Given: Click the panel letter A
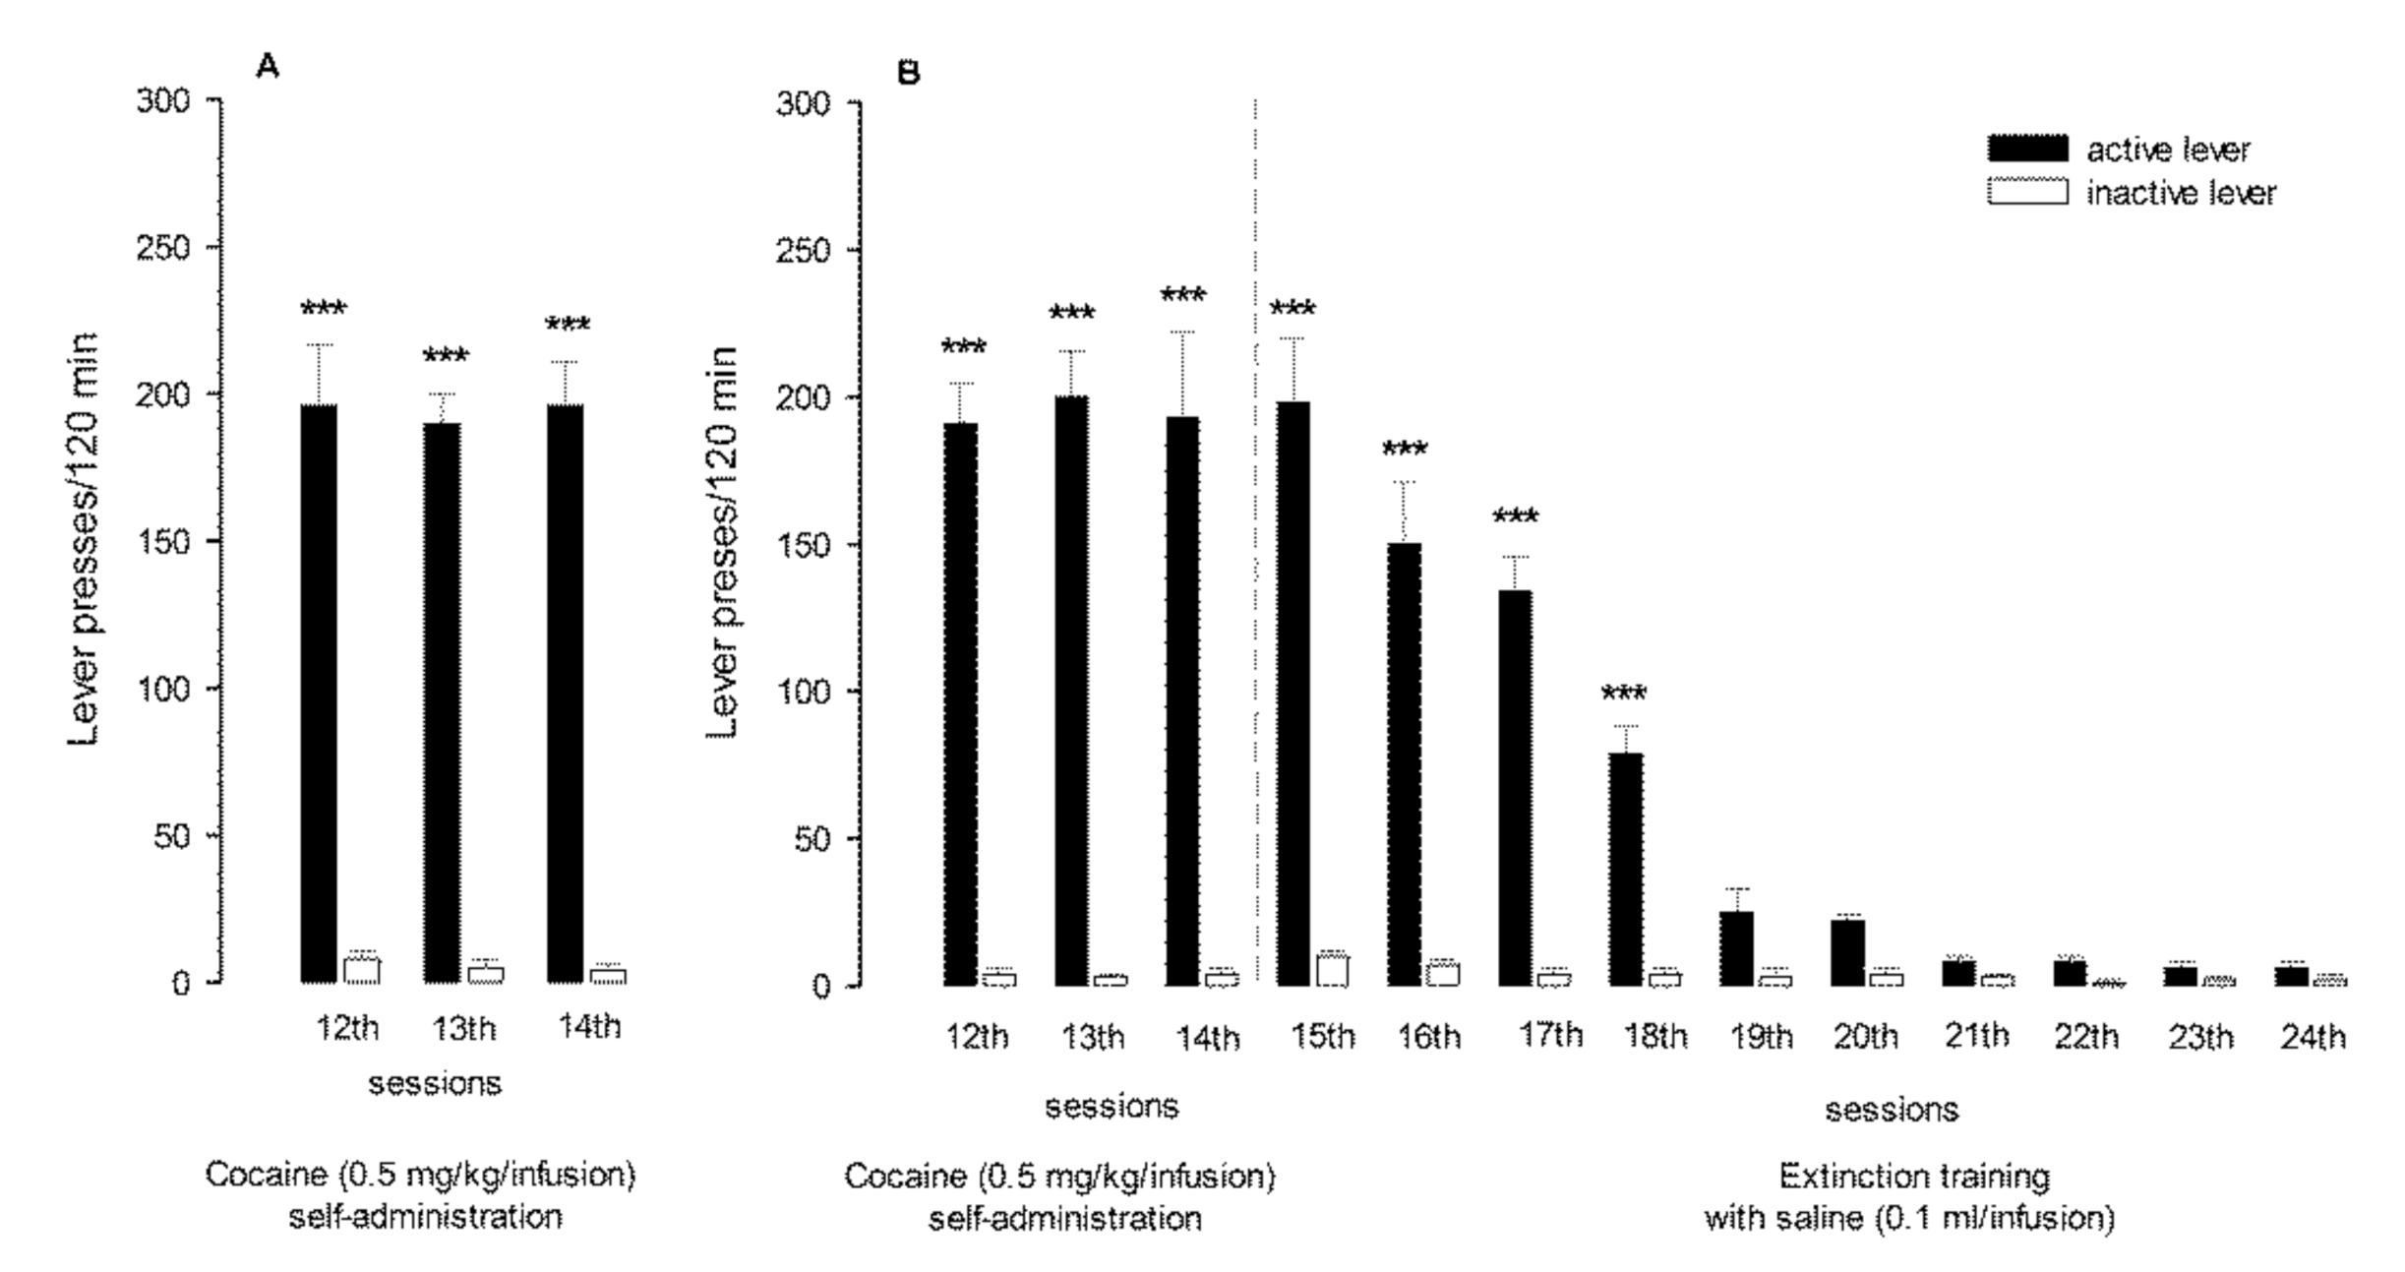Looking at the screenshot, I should [x=267, y=67].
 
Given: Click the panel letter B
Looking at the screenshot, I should [x=909, y=73].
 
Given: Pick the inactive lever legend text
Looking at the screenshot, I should [x=2181, y=194].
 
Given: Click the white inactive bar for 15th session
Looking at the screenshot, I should [x=1332, y=969].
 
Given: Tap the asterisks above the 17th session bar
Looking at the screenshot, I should [x=1515, y=517].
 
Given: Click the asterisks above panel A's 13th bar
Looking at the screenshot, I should [x=446, y=356].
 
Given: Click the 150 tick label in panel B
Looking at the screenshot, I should [x=804, y=545].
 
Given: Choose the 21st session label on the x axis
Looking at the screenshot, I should [x=1976, y=1035].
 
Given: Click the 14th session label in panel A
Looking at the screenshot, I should [x=589, y=1027].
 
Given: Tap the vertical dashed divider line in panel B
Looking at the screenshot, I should [x=1256, y=590].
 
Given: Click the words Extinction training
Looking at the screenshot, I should [x=1913, y=1177].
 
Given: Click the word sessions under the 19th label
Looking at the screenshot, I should [x=1891, y=1110].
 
